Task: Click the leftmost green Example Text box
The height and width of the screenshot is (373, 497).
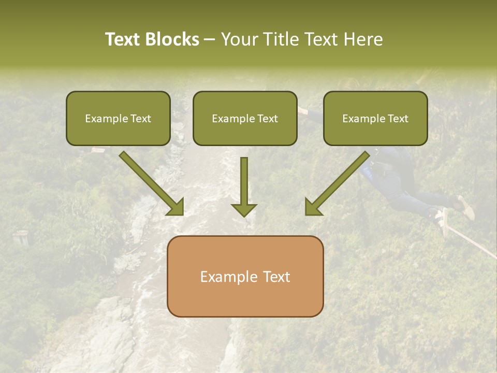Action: click(x=118, y=118)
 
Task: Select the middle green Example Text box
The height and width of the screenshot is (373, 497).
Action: click(x=245, y=118)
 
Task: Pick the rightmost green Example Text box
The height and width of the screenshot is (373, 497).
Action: click(x=375, y=118)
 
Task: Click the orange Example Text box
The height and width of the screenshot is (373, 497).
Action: click(x=245, y=277)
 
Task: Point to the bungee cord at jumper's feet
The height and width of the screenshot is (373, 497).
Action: click(x=471, y=241)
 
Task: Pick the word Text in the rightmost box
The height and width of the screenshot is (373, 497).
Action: click(x=398, y=118)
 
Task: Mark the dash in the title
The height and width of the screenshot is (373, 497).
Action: click(x=210, y=40)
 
